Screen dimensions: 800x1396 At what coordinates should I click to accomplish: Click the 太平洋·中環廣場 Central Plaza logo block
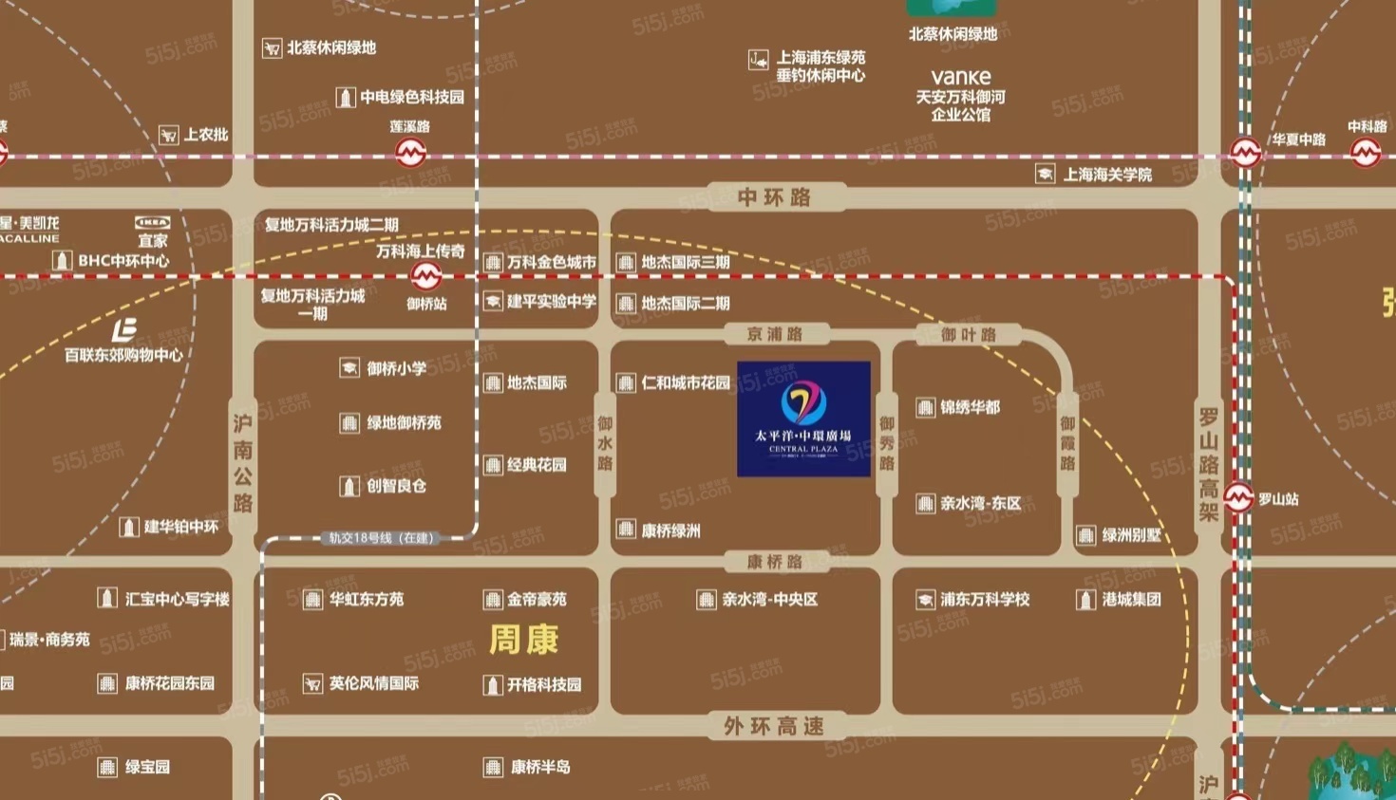[803, 419]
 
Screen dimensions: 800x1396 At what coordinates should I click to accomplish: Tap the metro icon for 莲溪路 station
[410, 152]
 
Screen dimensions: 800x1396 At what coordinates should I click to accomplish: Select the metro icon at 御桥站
[425, 276]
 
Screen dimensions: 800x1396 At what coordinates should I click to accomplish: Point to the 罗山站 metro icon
[1237, 497]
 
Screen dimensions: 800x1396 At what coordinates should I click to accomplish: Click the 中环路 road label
[774, 197]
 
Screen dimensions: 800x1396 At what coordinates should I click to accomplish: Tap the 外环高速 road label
[773, 726]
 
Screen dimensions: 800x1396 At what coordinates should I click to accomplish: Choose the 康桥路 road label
[774, 562]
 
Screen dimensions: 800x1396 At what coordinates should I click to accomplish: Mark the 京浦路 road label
[775, 334]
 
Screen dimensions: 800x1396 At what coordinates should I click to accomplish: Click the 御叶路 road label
[969, 334]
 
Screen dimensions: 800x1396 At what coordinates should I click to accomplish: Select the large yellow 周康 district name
[523, 640]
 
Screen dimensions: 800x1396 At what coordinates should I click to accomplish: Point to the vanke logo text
[961, 77]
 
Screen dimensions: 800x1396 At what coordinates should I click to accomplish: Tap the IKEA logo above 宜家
[152, 223]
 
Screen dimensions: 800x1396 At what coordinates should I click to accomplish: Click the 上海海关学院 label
[1107, 175]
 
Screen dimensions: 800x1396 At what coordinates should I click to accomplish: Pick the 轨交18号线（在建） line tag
[381, 538]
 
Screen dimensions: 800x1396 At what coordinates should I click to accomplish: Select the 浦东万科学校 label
[985, 600]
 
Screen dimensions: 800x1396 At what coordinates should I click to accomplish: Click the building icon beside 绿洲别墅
[1086, 535]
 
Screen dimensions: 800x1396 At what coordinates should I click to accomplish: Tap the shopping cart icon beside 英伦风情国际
[312, 683]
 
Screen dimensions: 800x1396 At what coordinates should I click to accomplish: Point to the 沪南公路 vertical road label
[243, 462]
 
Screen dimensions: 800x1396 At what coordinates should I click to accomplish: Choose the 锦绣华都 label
[970, 407]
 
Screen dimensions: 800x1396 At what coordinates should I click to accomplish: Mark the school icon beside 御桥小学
[349, 368]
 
